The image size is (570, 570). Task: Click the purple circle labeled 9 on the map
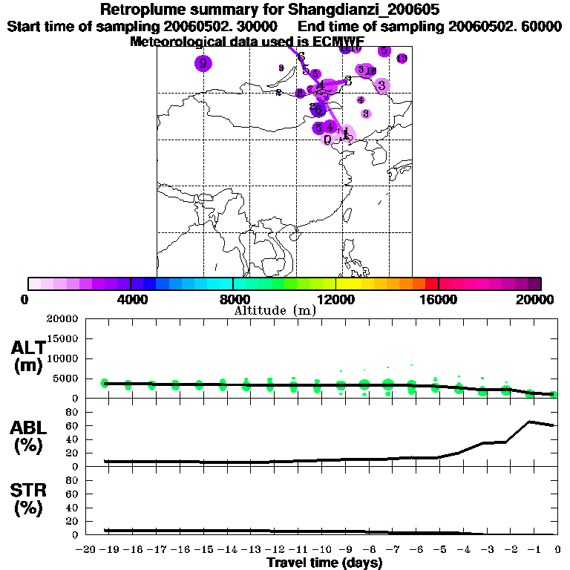tap(203, 63)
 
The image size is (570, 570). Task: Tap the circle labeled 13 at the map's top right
tap(402, 59)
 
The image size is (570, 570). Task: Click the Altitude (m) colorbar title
tap(275, 310)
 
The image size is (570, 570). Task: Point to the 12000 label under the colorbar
tap(335, 299)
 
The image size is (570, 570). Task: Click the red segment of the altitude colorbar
tap(432, 284)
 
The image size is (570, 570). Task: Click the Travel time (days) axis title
tap(324, 563)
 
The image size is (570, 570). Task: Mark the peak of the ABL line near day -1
tap(530, 422)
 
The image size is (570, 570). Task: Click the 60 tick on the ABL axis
tap(74, 426)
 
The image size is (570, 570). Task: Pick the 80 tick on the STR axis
tap(74, 480)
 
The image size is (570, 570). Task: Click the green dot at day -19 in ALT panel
tap(105, 383)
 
